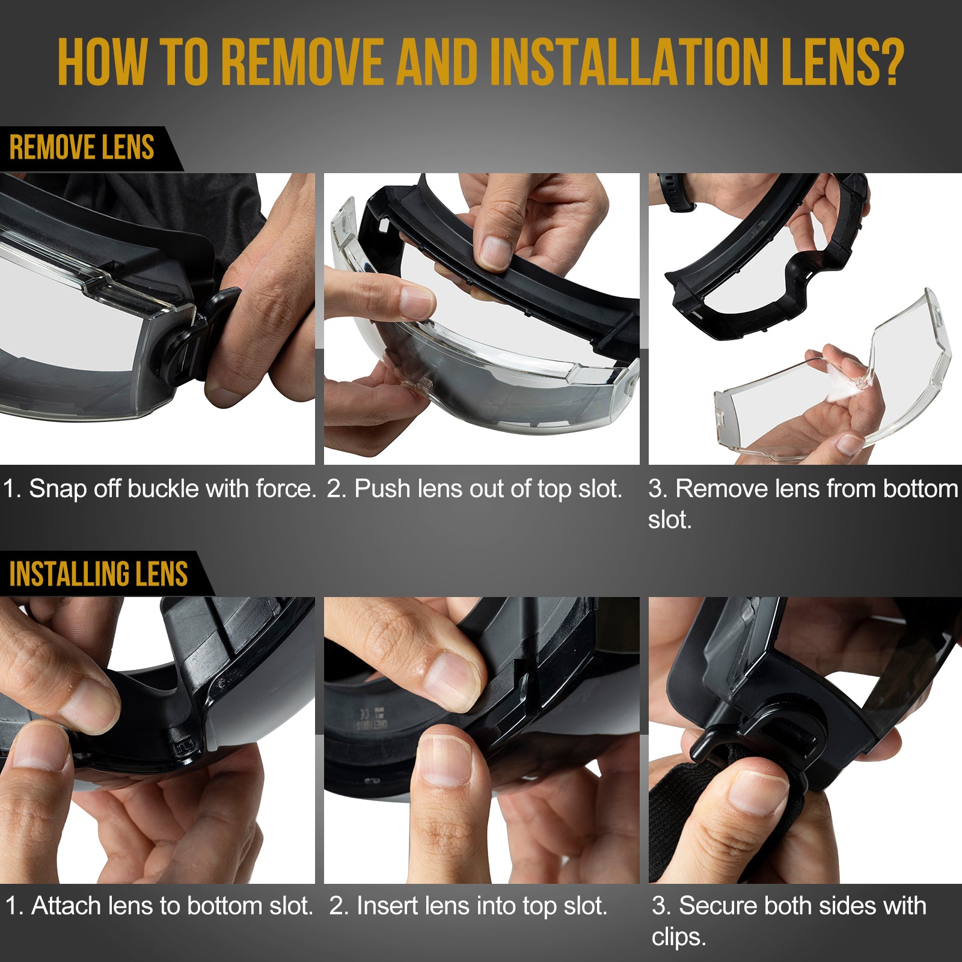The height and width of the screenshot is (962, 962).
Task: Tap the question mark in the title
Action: point(889,63)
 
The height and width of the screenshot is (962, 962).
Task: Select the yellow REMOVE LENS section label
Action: point(82,148)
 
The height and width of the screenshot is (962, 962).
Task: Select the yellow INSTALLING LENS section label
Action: point(99,574)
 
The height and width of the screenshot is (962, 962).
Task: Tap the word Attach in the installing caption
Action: point(66,905)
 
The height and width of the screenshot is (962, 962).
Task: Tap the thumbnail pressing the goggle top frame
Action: point(496,253)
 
